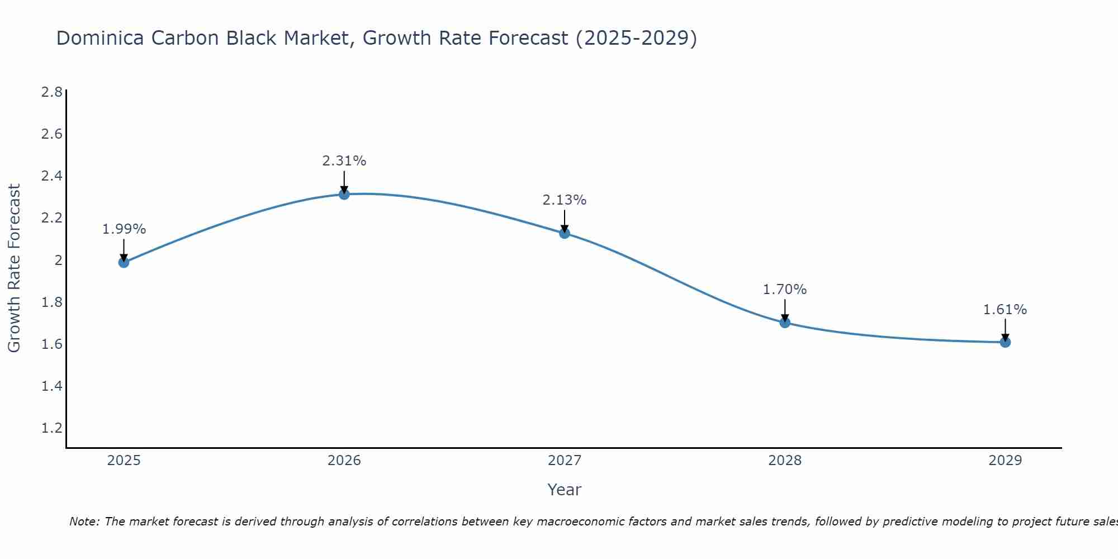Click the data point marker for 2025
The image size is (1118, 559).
pyautogui.click(x=124, y=262)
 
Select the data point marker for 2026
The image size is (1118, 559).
pyautogui.click(x=344, y=194)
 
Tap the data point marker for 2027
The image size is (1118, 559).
pyautogui.click(x=565, y=233)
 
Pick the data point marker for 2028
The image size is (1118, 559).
pyautogui.click(x=785, y=323)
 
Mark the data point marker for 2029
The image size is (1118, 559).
pyautogui.click(x=1005, y=342)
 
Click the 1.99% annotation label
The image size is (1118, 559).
pyautogui.click(x=124, y=229)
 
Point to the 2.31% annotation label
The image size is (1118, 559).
pyautogui.click(x=344, y=161)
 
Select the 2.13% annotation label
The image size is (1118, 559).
pyautogui.click(x=565, y=200)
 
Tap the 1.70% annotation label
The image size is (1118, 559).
pyautogui.click(x=785, y=290)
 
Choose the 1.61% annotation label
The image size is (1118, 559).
pyautogui.click(x=1005, y=310)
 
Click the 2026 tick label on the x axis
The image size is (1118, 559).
pyautogui.click(x=344, y=461)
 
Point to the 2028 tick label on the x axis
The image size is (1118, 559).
pyautogui.click(x=785, y=461)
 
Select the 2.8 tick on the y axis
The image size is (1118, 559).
pyautogui.click(x=52, y=92)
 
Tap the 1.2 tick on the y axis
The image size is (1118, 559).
pyautogui.click(x=52, y=428)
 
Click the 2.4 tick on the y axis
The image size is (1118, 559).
pyautogui.click(x=52, y=176)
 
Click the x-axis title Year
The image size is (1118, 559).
pyautogui.click(x=565, y=490)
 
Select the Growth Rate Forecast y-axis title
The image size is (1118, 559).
pyautogui.click(x=15, y=268)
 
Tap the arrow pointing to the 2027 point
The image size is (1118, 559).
pyautogui.click(x=565, y=220)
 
